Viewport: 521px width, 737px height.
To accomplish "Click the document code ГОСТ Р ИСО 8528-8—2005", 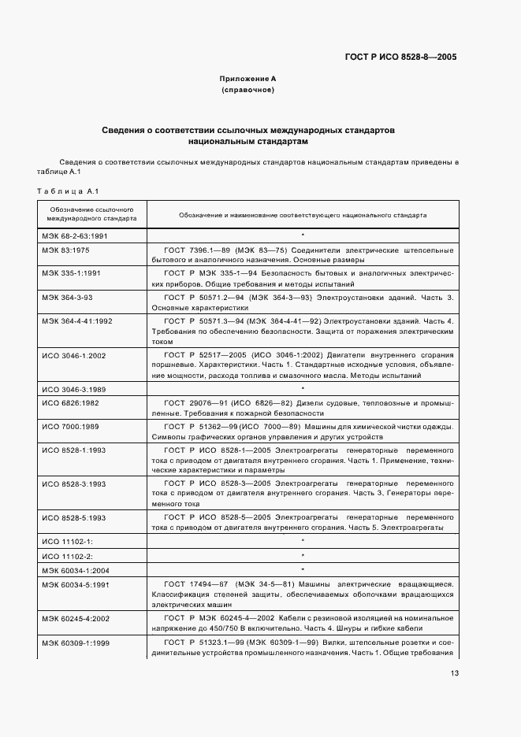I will (400, 57).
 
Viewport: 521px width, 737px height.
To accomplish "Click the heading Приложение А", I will (247, 79).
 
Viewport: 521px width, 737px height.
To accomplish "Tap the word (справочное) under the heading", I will (247, 91).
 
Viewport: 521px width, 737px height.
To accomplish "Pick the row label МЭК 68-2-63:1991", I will (75, 235).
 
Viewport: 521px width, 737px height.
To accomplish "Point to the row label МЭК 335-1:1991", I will (71, 272).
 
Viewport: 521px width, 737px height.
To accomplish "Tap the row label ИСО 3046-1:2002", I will (73, 355).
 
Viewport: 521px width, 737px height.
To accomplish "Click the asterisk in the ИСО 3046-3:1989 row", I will (303, 389).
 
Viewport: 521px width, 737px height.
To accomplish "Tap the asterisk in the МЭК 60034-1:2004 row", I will (303, 568).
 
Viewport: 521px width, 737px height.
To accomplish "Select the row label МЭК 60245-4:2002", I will (76, 619).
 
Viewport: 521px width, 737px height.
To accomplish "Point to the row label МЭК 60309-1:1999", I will (76, 643).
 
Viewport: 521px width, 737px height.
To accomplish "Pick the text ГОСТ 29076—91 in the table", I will (196, 403).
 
